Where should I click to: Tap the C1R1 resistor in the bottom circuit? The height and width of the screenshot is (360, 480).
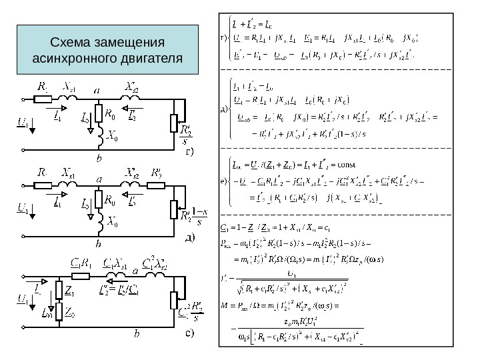[82, 275]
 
